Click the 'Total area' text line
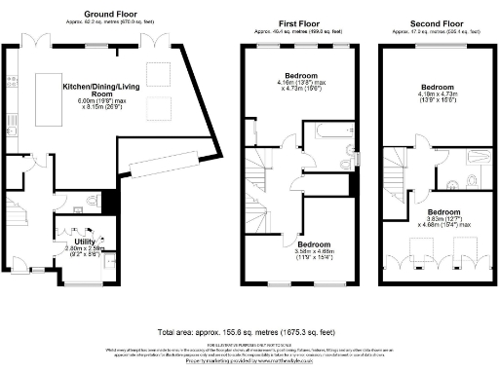249,332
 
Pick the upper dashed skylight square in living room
157,73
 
